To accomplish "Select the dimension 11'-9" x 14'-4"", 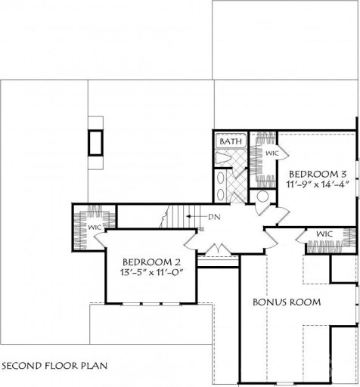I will [318, 184].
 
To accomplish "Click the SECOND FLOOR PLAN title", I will [54, 365].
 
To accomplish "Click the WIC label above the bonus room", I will [324, 234].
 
